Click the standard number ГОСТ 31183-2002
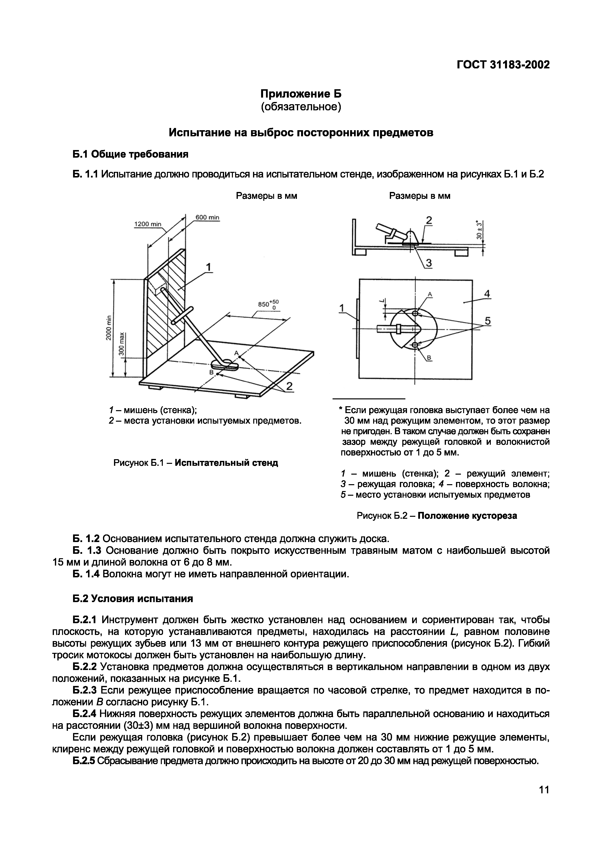click(x=503, y=65)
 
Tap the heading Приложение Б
click(x=301, y=93)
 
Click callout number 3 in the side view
click(x=429, y=264)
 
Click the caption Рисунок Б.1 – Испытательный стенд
click(x=196, y=463)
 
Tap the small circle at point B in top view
click(x=415, y=345)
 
